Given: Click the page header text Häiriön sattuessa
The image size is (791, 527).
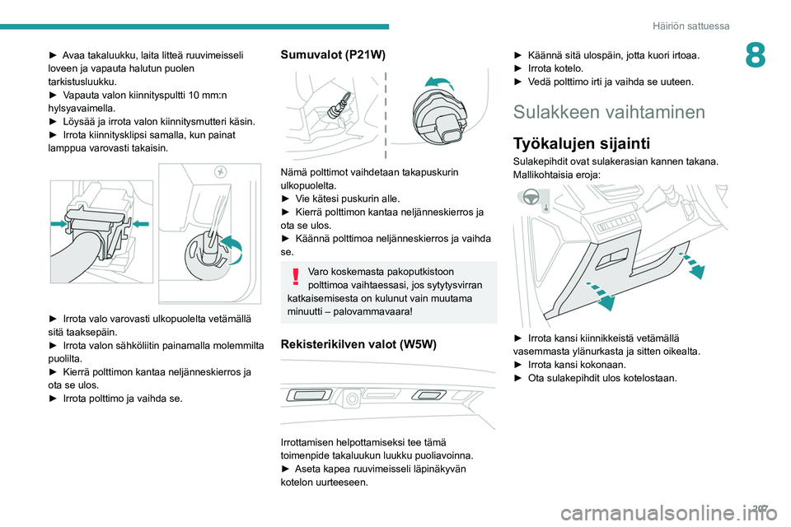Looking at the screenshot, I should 691,26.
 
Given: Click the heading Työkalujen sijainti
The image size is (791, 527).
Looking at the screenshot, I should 581,142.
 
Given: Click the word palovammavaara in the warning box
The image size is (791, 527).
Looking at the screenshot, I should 378,312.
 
